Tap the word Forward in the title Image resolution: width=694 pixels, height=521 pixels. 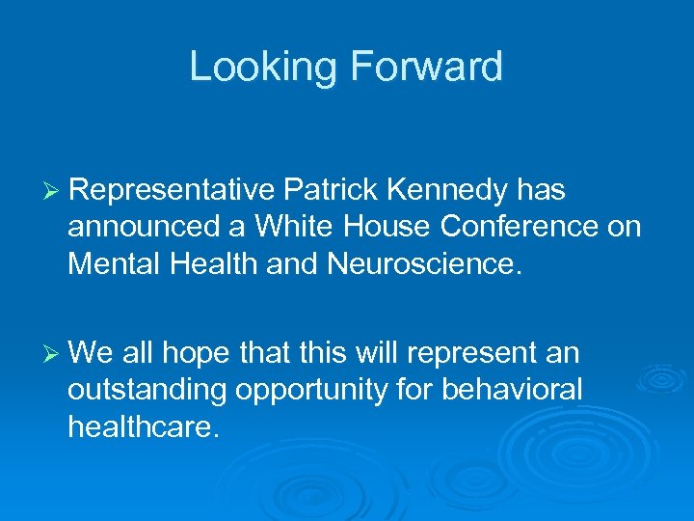click(426, 68)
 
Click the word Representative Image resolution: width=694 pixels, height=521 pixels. click(171, 192)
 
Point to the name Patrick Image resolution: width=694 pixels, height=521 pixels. click(327, 192)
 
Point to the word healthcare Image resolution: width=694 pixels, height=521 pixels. click(144, 425)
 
